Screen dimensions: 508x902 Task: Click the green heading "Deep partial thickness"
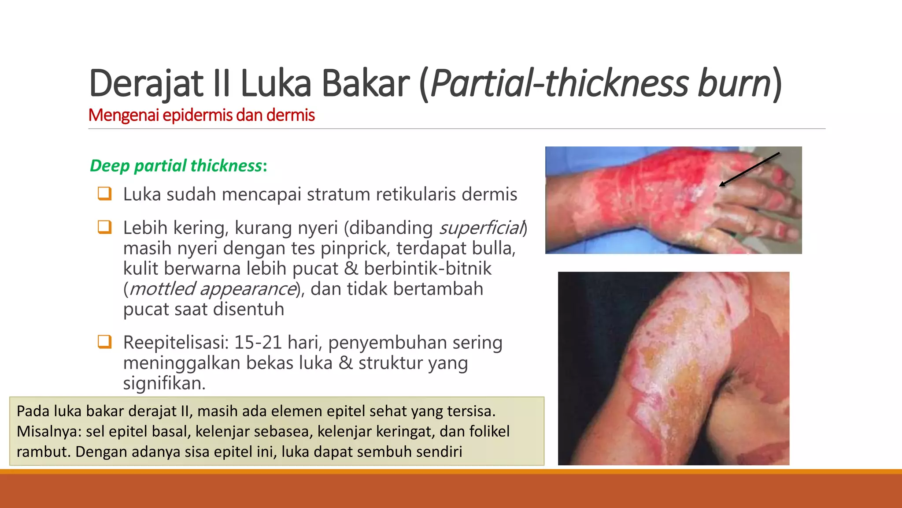pyautogui.click(x=176, y=166)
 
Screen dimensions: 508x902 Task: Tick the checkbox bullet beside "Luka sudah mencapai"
pyautogui.click(x=104, y=194)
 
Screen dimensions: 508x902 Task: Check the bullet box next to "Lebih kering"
pyautogui.click(x=104, y=227)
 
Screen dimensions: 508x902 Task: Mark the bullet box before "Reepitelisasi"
pyautogui.click(x=104, y=342)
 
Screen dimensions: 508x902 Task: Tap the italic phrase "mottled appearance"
pyautogui.click(x=213, y=289)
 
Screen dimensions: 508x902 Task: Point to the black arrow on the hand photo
pyautogui.click(x=749, y=169)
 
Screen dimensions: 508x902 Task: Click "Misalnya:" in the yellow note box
pyautogui.click(x=49, y=431)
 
